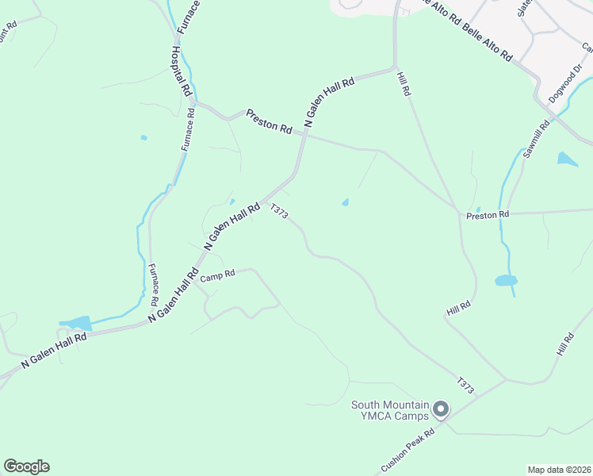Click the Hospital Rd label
point(181,71)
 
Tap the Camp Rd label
point(218,276)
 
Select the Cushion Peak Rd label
point(408,450)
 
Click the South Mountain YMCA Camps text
point(391,410)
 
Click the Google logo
point(26,466)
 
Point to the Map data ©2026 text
point(559,470)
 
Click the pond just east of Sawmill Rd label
point(567,159)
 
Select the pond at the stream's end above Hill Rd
point(506,280)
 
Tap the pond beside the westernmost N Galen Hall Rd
point(76,323)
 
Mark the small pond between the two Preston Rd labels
point(345,202)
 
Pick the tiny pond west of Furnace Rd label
point(143,138)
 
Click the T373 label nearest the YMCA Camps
point(465,386)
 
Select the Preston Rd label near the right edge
point(488,214)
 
